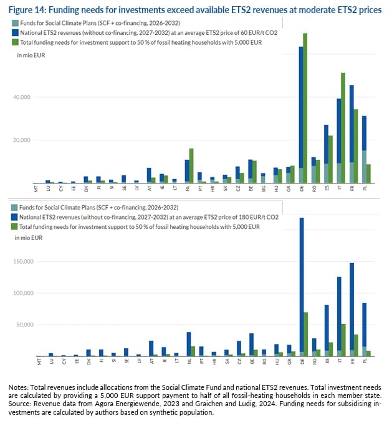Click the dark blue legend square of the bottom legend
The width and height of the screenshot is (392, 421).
click(14, 215)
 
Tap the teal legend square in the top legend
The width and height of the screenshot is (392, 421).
click(14, 23)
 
